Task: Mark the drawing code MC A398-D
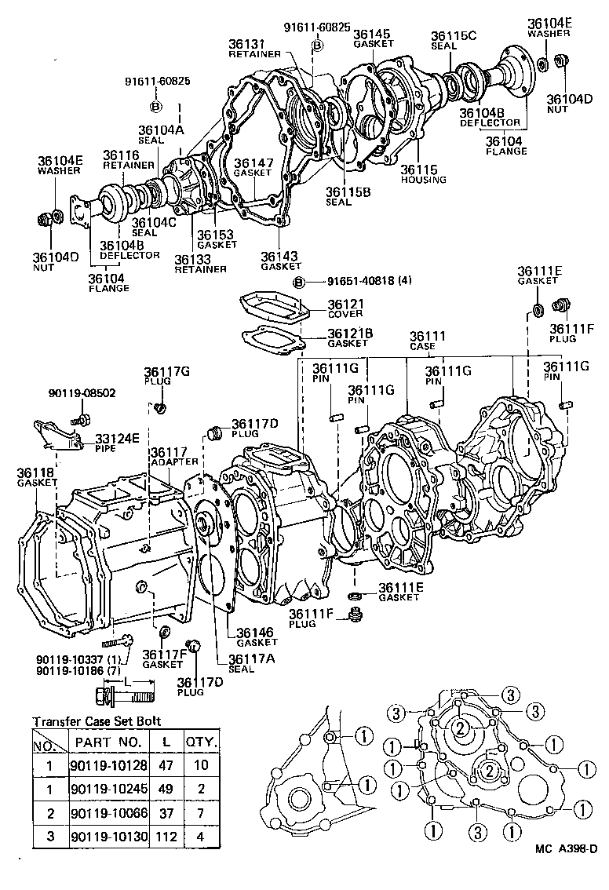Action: click(x=567, y=870)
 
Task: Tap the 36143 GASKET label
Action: click(x=281, y=261)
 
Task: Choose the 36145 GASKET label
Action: click(x=372, y=38)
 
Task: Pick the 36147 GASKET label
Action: click(x=253, y=167)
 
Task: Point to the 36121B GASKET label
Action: click(x=350, y=338)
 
